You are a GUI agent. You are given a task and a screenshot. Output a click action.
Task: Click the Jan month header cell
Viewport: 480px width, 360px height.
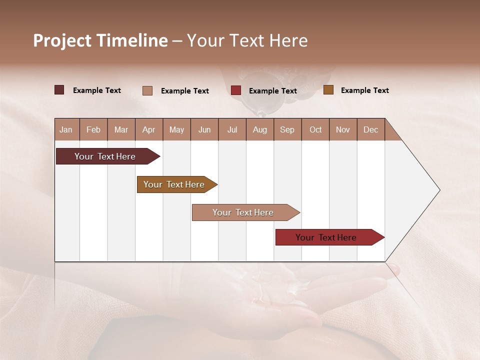point(66,129)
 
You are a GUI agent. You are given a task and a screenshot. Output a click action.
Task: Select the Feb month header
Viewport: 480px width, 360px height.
point(93,129)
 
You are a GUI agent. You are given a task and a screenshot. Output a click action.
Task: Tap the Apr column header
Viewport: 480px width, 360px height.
point(148,129)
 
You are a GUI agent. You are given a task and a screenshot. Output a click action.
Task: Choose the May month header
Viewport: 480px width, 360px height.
point(176,129)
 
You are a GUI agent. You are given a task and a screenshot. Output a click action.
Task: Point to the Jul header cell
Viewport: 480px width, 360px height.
point(232,129)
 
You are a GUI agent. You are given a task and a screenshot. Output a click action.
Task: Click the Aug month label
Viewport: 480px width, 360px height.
point(259,129)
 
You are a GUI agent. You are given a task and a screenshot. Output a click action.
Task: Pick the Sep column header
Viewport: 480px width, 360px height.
point(287,129)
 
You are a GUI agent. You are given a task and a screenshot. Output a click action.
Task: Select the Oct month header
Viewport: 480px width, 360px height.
point(315,129)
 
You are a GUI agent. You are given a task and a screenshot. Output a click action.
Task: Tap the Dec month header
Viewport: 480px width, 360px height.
point(370,129)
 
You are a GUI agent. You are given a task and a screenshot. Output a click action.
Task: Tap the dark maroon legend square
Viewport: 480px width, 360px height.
point(59,90)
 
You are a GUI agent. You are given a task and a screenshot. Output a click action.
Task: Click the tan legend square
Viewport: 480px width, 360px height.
point(147,90)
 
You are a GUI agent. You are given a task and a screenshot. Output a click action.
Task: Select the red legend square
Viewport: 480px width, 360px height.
point(236,90)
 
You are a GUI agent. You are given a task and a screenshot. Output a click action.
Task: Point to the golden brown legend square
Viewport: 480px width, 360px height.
point(328,90)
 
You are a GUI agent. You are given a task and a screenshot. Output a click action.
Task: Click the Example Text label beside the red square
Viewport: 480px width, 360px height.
point(272,90)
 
